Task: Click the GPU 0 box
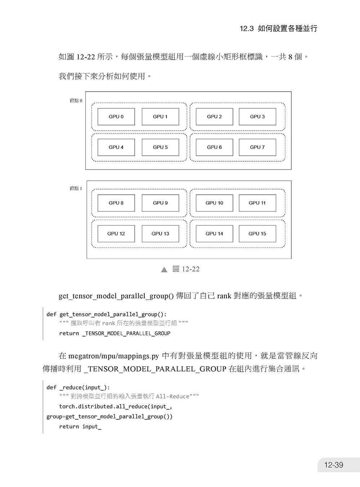point(116,117)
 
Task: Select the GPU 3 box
point(257,117)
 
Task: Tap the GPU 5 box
point(160,147)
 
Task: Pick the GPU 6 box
point(214,147)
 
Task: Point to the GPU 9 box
point(160,203)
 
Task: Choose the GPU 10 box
point(214,203)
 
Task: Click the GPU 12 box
point(116,234)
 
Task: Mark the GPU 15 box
point(257,234)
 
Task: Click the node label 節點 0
point(76,100)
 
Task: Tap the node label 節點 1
point(76,188)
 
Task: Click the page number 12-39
point(334,465)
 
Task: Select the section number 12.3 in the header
point(247,28)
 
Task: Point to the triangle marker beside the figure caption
point(164,270)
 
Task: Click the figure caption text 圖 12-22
point(186,269)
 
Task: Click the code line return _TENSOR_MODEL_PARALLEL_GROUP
point(114,333)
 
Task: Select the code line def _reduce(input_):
point(78,388)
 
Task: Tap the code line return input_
point(80,427)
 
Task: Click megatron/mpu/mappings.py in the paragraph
point(114,356)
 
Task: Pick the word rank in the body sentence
point(224,296)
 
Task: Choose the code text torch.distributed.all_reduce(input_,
point(116,406)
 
